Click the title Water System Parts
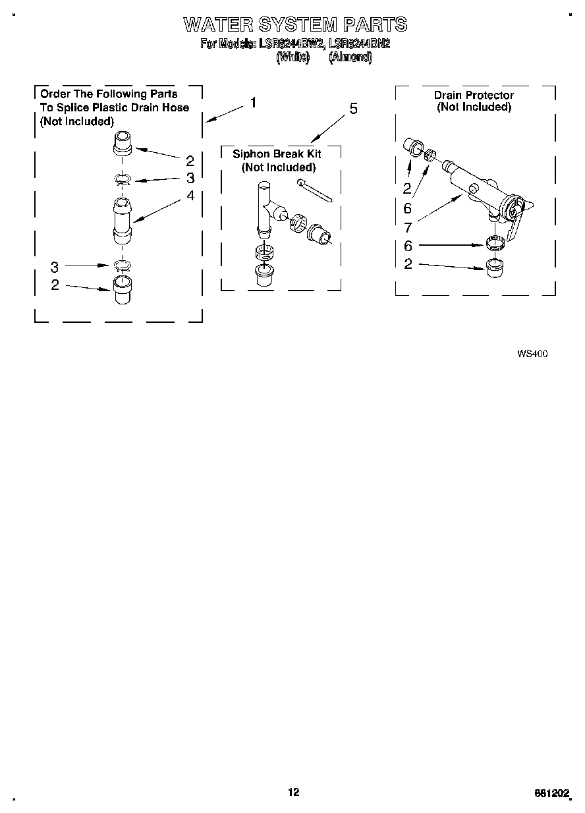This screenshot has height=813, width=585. click(294, 25)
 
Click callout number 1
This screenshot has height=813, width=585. click(252, 103)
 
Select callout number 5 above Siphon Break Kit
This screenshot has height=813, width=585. click(353, 109)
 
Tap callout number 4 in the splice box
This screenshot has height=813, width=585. click(190, 196)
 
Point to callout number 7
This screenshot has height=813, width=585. click(408, 228)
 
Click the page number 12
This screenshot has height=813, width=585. click(293, 792)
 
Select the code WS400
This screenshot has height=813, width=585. click(532, 354)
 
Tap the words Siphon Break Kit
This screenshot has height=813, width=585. click(277, 154)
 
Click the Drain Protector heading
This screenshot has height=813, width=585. click(474, 95)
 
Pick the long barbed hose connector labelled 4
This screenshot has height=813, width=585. click(123, 218)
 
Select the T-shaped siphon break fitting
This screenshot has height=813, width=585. click(268, 208)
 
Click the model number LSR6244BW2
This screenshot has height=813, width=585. click(287, 45)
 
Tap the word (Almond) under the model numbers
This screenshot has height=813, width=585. click(350, 57)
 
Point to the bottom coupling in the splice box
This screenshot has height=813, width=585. click(123, 289)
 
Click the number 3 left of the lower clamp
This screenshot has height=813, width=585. click(55, 267)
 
